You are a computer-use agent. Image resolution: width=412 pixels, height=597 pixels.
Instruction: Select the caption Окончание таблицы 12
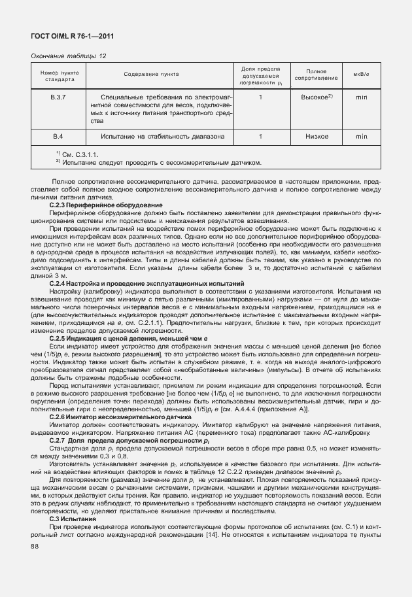(69, 56)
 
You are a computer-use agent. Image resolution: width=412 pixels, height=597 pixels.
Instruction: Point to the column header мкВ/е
(361, 75)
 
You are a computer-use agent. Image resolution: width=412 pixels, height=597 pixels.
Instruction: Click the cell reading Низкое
(316, 137)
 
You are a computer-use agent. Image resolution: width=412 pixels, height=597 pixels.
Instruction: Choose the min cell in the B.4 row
(361, 137)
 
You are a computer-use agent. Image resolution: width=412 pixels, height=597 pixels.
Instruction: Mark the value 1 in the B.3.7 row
(260, 97)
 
